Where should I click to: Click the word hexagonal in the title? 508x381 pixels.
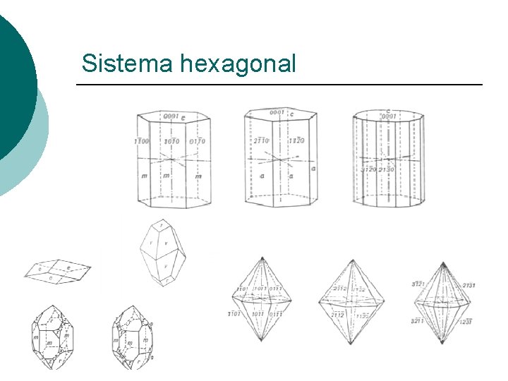point(238,64)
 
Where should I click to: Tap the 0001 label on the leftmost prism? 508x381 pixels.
point(170,116)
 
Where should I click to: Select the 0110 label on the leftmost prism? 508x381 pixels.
point(197,141)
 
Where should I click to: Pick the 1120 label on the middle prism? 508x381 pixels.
point(296,140)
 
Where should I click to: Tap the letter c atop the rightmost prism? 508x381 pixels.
point(388,111)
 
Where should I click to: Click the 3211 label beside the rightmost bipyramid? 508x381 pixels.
point(418,320)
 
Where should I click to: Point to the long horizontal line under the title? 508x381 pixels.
point(279,85)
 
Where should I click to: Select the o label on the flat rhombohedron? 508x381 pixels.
point(40,270)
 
